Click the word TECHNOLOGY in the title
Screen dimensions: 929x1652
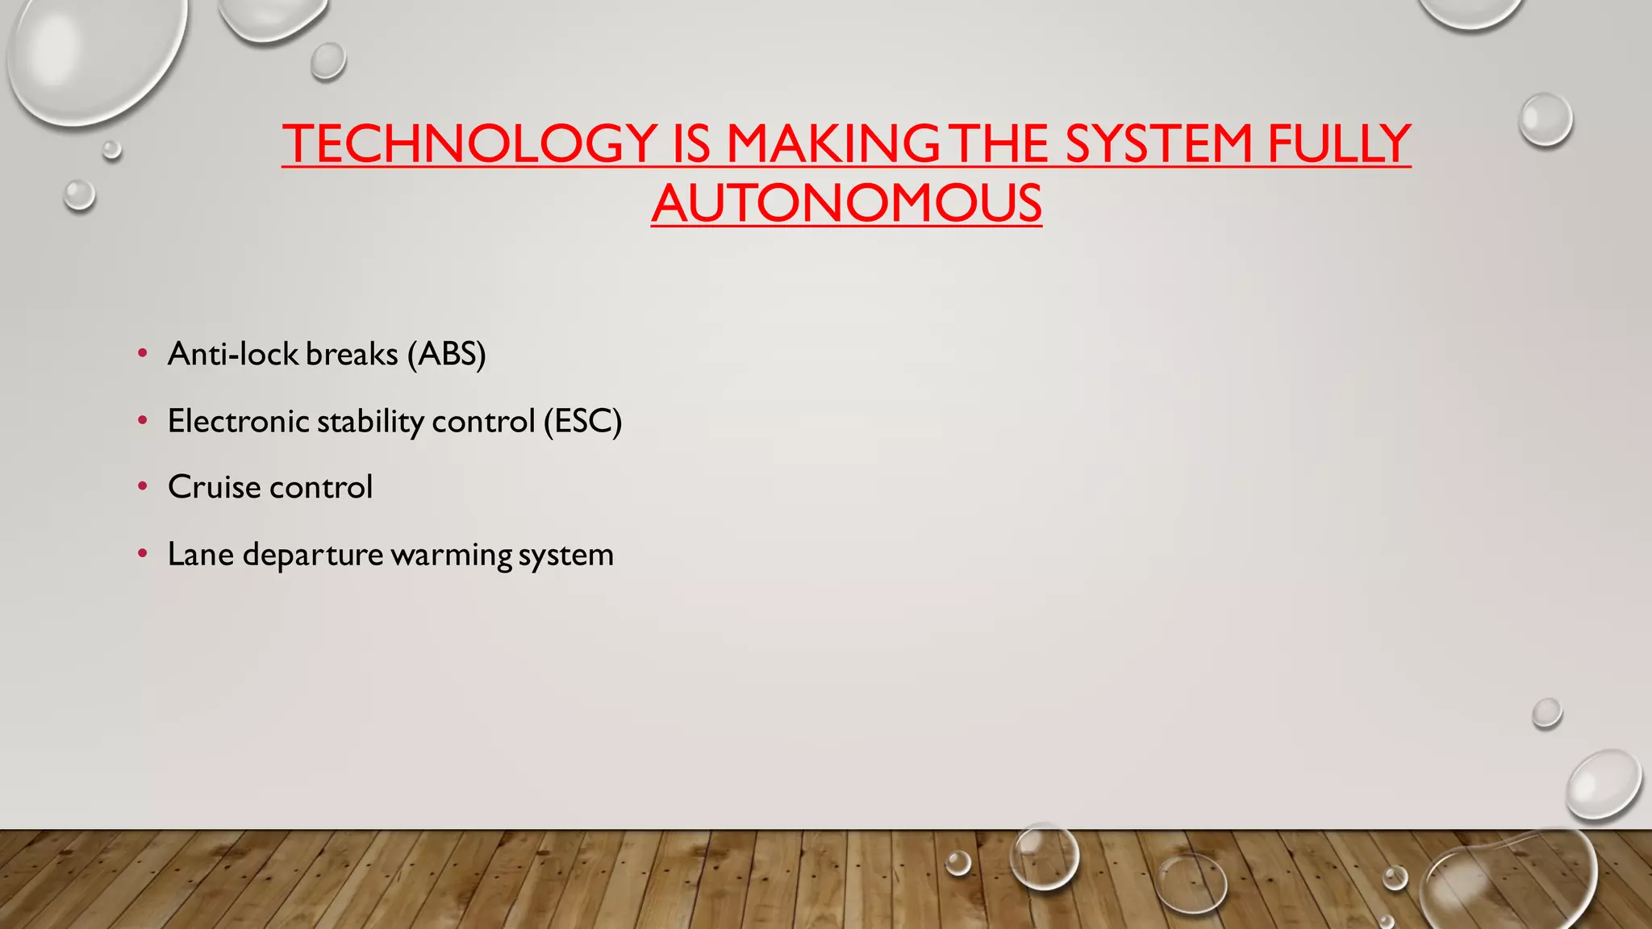470,144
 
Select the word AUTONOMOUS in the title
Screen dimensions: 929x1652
846,203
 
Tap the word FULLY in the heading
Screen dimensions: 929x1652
1338,144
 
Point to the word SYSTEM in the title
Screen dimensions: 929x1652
1158,144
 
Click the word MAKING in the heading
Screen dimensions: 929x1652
832,144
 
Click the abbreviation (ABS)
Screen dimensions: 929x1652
446,354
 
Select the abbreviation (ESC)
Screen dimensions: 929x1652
582,421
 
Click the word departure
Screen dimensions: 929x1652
313,555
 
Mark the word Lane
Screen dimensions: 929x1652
201,555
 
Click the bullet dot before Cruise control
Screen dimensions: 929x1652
143,486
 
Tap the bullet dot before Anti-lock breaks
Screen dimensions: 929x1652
143,353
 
